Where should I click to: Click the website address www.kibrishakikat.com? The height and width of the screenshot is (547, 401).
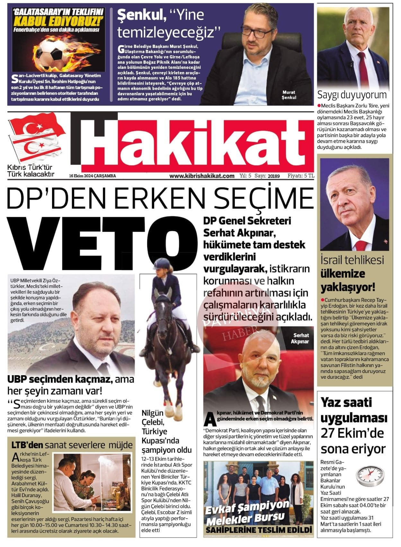(x=202, y=176)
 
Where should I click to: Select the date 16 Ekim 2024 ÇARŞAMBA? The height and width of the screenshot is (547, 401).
(x=93, y=176)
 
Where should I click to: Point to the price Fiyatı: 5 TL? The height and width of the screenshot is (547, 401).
(x=301, y=176)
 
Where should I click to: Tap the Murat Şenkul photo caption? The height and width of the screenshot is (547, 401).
(x=289, y=95)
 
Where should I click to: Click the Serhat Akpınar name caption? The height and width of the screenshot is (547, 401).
(x=299, y=338)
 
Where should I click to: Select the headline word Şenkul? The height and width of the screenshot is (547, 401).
(x=141, y=15)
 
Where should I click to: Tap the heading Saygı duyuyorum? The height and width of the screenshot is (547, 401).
(x=352, y=95)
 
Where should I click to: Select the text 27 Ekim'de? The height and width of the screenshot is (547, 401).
(x=352, y=433)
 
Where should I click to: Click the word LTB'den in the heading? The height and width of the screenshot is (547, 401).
(x=27, y=445)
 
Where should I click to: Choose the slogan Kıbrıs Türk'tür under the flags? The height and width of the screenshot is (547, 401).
(x=30, y=168)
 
